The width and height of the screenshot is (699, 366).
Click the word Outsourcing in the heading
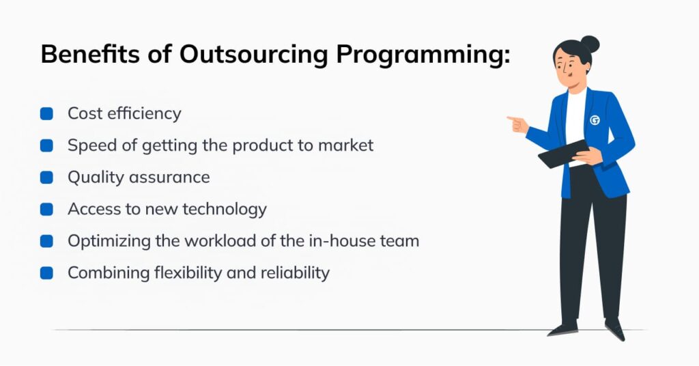coord(254,55)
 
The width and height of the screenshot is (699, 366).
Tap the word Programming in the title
coord(423,55)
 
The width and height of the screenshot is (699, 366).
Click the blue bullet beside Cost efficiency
coord(46,113)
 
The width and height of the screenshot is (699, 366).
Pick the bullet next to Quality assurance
coord(46,178)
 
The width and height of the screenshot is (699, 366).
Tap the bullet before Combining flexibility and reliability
coord(46,273)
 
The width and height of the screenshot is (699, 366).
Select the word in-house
coord(342,241)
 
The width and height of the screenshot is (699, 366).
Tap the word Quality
coord(96,178)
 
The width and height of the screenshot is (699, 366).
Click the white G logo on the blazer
coord(595,120)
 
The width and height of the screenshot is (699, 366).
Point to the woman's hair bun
coord(590,44)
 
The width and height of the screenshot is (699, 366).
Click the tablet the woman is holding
coord(563,154)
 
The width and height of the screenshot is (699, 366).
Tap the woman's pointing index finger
coord(513,119)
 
